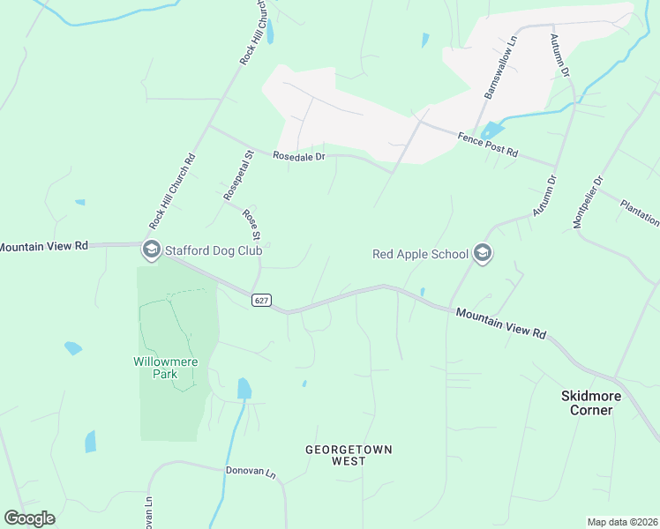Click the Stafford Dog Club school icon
151,250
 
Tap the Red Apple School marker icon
482,254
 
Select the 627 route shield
260,301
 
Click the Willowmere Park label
166,368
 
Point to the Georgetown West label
349,455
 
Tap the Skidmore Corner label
591,403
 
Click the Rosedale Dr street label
299,157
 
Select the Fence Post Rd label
487,144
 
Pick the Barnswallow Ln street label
499,67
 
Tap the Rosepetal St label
238,174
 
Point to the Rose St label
252,224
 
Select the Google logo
29,518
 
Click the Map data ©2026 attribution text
622,522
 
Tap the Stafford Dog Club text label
213,250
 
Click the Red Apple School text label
420,254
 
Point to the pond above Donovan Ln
244,388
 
